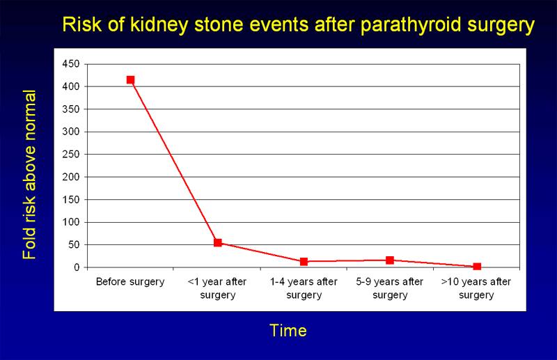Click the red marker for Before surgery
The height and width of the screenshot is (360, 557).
[x=130, y=80]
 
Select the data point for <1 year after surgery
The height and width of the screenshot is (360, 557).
[x=218, y=242]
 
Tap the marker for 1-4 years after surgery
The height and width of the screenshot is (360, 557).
[x=304, y=261]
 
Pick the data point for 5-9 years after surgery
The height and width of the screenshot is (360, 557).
[x=390, y=260]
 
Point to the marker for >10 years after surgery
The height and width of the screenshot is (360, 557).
[x=477, y=267]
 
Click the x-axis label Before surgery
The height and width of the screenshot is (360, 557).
[x=130, y=282]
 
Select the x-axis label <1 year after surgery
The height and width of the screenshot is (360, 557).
[x=218, y=288]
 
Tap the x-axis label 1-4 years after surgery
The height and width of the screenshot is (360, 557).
[x=304, y=288]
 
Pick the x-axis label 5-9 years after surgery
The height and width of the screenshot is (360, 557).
[x=390, y=288]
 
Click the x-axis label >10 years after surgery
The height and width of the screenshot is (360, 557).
[x=477, y=288]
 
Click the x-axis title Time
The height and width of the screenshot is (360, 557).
[x=288, y=330]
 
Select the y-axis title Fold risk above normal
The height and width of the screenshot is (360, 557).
[x=29, y=175]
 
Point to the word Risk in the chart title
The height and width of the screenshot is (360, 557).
[x=77, y=25]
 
